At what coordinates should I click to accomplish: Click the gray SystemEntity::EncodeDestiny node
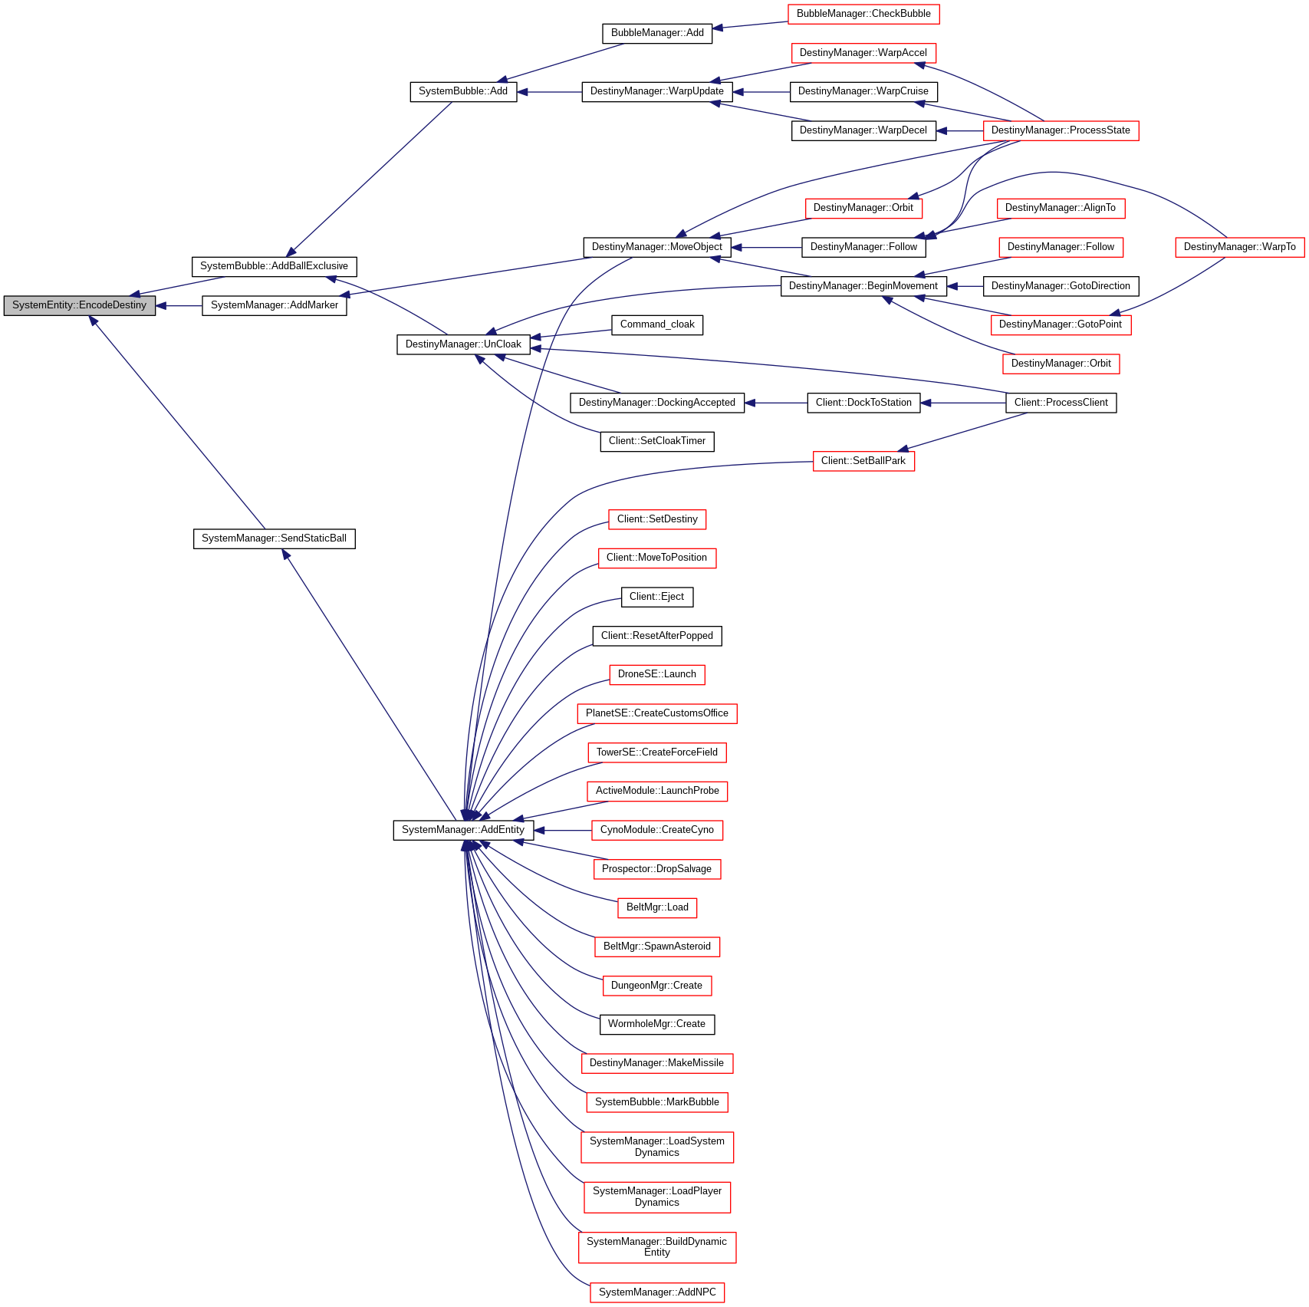(x=80, y=305)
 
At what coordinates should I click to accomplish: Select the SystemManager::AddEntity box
(x=463, y=830)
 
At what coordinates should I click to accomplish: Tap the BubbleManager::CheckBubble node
(x=863, y=14)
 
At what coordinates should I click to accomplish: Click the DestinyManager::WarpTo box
(x=1239, y=247)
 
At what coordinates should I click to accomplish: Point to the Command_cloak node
(x=657, y=324)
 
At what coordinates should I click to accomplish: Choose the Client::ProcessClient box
(x=1061, y=403)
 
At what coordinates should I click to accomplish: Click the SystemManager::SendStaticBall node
(x=274, y=538)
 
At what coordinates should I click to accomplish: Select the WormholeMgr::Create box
(x=656, y=1024)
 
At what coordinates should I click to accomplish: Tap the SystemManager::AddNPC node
(x=657, y=1292)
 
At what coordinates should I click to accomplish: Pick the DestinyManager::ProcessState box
(x=1061, y=130)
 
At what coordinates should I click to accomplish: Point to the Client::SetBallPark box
(x=863, y=461)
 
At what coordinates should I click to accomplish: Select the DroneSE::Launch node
(x=657, y=674)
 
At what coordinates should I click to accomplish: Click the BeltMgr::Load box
(x=657, y=907)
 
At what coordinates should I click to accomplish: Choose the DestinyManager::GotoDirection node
(x=1061, y=286)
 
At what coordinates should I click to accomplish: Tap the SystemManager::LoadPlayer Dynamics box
(x=657, y=1197)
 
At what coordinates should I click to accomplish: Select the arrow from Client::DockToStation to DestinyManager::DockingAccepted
(x=775, y=403)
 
